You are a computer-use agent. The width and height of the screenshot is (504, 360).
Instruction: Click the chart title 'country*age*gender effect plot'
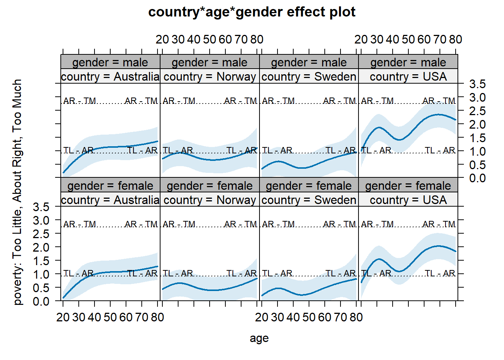[x=252, y=12]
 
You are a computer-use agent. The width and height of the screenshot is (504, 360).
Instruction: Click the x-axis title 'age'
[x=259, y=338]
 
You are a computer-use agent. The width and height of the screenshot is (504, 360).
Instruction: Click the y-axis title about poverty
[x=17, y=192]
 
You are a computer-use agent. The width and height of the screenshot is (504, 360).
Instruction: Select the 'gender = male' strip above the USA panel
[x=408, y=62]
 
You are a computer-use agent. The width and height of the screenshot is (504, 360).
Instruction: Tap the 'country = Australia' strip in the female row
[x=110, y=200]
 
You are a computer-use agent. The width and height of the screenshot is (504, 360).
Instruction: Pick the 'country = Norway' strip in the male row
[x=210, y=76]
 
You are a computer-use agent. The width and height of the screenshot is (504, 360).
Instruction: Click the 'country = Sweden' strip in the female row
[x=309, y=200]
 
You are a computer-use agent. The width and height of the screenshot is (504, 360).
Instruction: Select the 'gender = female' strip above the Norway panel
[x=210, y=186]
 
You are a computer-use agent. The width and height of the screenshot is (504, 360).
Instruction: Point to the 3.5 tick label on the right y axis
[x=477, y=84]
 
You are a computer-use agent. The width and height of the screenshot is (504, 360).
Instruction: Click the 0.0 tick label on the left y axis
[x=41, y=301]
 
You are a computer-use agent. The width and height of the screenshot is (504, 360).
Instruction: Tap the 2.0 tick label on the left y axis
[x=41, y=247]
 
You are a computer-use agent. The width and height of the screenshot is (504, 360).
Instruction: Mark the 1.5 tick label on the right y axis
[x=477, y=138]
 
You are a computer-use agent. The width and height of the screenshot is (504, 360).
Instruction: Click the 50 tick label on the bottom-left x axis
[x=110, y=317]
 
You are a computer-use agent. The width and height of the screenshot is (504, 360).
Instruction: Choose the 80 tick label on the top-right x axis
[x=455, y=39]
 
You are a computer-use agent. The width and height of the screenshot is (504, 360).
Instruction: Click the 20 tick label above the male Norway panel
[x=162, y=39]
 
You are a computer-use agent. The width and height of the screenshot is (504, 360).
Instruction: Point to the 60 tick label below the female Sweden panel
[x=325, y=317]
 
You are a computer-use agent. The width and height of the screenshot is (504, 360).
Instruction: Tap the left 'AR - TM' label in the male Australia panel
[x=79, y=101]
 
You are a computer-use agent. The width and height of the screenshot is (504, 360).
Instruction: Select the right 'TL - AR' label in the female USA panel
[x=440, y=273]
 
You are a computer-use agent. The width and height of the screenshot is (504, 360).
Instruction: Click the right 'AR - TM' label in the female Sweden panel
[x=339, y=224]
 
